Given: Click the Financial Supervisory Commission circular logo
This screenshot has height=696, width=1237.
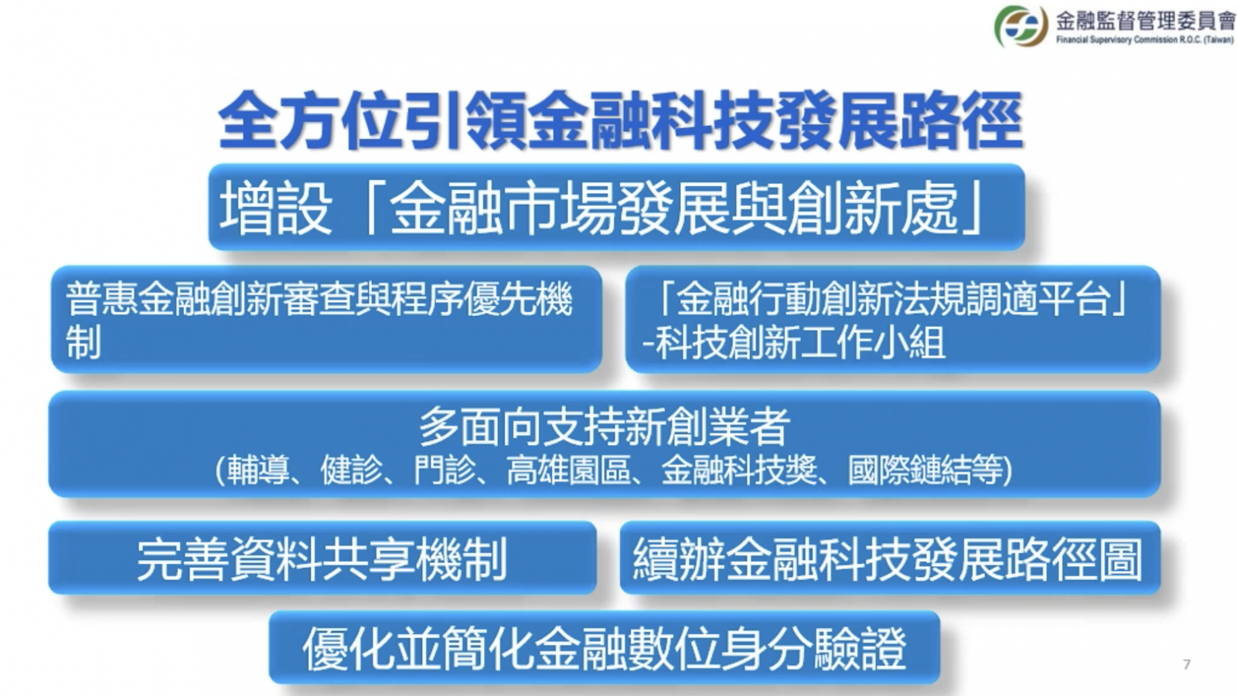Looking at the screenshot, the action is click(x=1021, y=26).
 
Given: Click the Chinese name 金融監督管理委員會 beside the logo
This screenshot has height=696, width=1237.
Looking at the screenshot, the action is click(x=1145, y=21).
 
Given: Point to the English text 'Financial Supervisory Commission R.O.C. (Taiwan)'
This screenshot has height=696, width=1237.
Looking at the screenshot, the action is click(x=1145, y=39).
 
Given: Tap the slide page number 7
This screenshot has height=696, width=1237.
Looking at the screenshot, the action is click(x=1187, y=664).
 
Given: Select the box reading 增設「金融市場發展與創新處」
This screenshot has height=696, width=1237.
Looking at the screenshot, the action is click(x=616, y=207).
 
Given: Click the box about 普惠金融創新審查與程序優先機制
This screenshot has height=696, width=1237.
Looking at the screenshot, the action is click(x=326, y=320).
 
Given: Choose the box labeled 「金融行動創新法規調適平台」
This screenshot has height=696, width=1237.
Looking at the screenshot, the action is click(x=893, y=320).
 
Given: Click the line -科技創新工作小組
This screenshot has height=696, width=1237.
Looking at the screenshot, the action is click(x=793, y=343).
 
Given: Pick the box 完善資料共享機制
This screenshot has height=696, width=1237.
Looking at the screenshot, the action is click(x=322, y=558).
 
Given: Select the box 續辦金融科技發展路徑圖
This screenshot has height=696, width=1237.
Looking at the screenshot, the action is click(x=890, y=558).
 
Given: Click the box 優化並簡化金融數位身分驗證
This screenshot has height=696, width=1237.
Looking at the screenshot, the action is click(x=604, y=647).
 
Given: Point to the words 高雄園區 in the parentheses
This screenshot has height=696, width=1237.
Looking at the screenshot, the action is click(x=569, y=470).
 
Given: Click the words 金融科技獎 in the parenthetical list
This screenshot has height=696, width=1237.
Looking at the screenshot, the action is click(x=739, y=470).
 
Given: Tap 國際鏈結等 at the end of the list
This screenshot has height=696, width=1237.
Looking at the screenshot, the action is click(x=925, y=470).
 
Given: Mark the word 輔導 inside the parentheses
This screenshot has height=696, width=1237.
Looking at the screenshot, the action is click(x=258, y=470).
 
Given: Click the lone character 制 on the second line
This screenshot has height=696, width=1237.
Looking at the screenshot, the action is click(x=83, y=343).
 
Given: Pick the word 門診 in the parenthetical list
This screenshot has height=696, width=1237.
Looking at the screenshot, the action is click(x=445, y=470).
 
